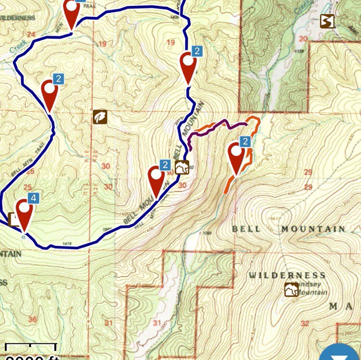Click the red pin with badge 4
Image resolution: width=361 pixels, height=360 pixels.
(24, 213)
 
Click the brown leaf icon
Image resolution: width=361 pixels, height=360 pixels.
(100, 117)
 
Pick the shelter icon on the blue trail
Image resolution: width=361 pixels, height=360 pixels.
(182, 168)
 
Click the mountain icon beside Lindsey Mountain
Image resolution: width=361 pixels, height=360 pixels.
(291, 290)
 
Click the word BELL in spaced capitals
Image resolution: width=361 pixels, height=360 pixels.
(246, 229)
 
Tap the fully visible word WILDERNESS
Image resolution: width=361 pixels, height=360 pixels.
(287, 275)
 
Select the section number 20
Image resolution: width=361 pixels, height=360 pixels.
(303, 39)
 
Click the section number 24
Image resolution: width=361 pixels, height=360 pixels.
(33, 35)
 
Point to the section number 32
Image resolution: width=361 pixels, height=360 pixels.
(304, 324)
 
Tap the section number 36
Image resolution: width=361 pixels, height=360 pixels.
(33, 319)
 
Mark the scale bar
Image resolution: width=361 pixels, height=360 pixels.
(30, 346)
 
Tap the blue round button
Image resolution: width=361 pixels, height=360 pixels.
(340, 353)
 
